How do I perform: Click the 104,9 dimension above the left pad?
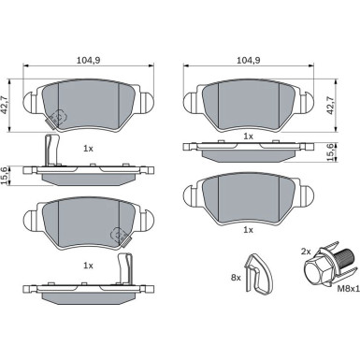tap(88, 61)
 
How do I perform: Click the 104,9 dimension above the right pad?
tap(249, 61)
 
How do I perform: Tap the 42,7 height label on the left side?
tap(5, 105)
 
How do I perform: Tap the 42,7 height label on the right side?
tap(330, 105)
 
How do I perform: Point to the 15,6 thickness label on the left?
tap(5, 176)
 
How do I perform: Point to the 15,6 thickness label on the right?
tap(330, 152)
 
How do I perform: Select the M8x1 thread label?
tap(348, 289)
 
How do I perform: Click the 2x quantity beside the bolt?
tap(306, 252)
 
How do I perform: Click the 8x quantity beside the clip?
tap(236, 278)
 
